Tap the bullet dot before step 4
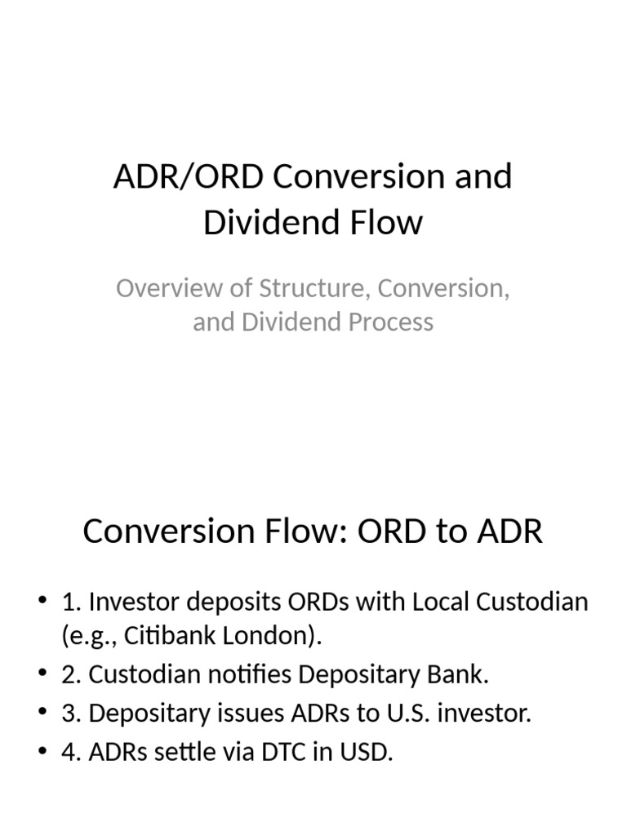(43, 752)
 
